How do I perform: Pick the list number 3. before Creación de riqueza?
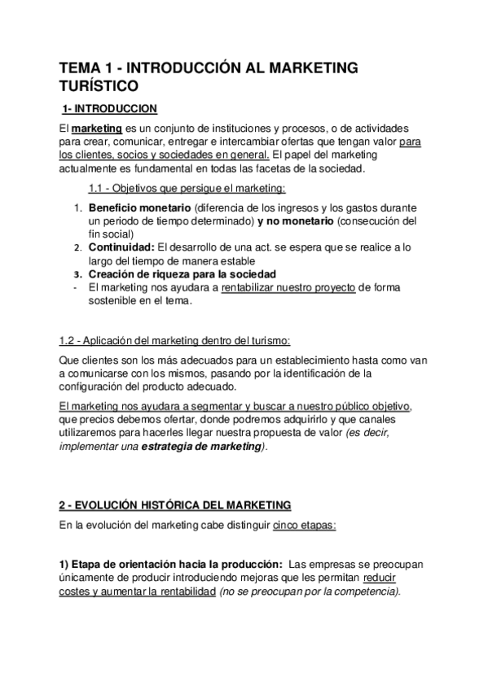point(77,274)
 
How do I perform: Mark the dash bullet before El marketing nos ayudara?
point(76,286)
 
